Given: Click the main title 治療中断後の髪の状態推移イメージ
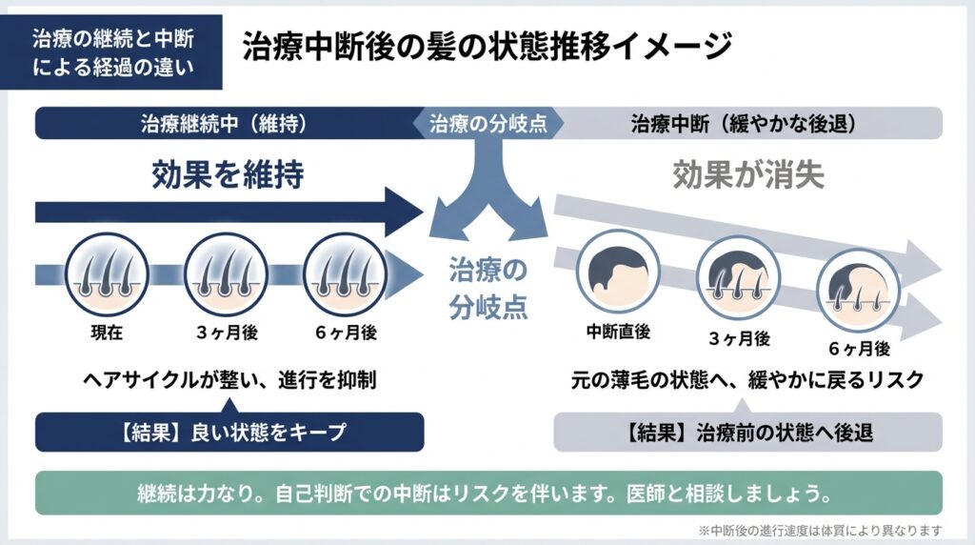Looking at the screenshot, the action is click(x=487, y=46).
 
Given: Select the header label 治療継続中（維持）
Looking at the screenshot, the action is click(x=224, y=123).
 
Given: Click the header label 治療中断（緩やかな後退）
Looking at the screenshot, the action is click(x=744, y=124).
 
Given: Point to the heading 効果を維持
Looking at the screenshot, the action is click(x=228, y=173).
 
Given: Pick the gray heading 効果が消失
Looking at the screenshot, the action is click(x=748, y=174).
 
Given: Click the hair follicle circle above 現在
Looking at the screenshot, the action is click(x=107, y=274).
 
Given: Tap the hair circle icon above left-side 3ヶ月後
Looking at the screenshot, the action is click(x=227, y=274).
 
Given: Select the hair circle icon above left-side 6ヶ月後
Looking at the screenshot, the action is click(x=345, y=274).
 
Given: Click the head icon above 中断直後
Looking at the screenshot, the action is click(x=618, y=272).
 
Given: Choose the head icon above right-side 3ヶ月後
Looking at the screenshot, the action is click(x=738, y=278).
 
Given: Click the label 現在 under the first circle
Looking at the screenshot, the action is click(x=107, y=333).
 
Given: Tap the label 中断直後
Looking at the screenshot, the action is click(x=618, y=332).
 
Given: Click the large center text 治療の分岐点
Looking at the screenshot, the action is click(x=488, y=288).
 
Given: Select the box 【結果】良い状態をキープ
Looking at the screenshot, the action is click(x=229, y=432).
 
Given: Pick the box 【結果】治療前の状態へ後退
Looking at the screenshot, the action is click(x=748, y=432).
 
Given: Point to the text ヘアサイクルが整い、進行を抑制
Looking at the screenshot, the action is click(x=229, y=379).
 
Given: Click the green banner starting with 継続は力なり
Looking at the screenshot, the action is click(x=488, y=494).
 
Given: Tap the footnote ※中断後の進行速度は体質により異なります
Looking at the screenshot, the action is click(x=820, y=530).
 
